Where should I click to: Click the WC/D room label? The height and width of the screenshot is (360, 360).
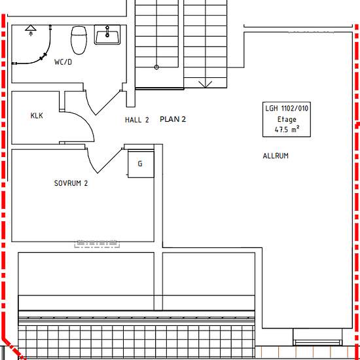(63, 62)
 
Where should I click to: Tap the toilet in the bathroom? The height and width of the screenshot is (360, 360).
(79, 40)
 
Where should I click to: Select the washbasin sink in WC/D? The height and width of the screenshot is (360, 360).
(107, 35)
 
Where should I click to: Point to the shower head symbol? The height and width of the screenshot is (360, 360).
(31, 30)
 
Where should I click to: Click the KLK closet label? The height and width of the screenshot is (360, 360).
(37, 115)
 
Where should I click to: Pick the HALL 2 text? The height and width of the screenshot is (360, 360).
(137, 120)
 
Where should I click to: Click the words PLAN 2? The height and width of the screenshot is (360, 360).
(173, 119)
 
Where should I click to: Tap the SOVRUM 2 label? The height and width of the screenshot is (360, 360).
(71, 183)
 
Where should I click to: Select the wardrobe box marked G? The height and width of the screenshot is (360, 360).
(141, 164)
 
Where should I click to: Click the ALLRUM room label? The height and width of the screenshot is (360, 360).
(276, 156)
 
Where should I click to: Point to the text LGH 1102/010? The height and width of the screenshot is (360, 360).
(287, 108)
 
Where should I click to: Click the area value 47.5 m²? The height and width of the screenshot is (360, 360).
(287, 129)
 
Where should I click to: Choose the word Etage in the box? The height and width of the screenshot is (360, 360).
(287, 119)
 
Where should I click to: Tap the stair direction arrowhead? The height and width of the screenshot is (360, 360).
(206, 84)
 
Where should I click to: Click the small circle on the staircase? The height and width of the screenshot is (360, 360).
(156, 67)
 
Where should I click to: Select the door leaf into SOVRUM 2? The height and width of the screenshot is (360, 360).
(109, 161)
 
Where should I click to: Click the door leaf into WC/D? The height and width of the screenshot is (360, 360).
(108, 103)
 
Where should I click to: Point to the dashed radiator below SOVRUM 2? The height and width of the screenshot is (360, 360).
(97, 244)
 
